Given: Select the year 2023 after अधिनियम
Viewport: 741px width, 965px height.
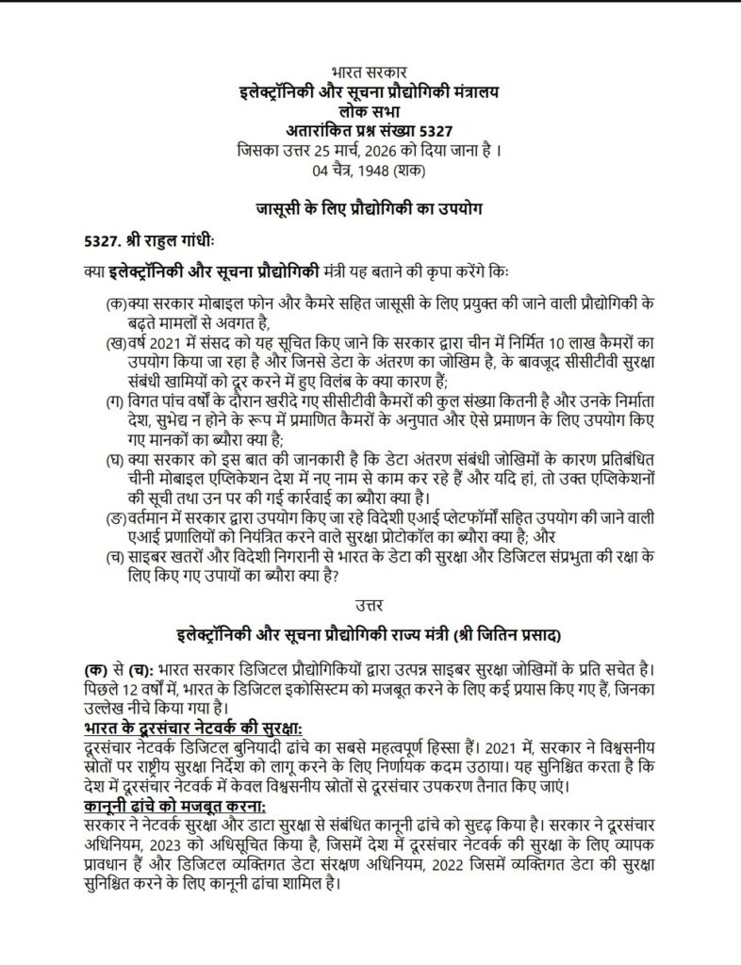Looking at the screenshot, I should [157, 845].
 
